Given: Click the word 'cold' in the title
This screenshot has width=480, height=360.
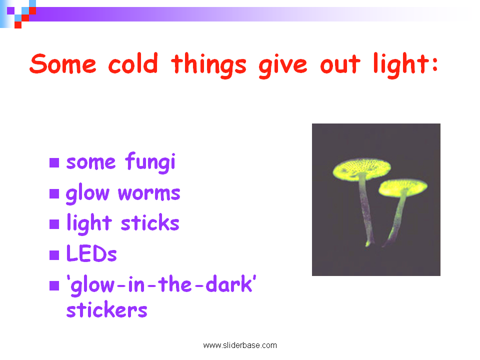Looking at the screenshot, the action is (133, 63).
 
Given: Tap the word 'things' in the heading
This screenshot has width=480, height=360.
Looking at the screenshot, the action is (209, 65).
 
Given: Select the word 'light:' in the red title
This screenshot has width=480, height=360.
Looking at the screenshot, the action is (406, 65).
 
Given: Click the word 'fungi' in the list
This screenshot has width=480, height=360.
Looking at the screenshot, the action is (150, 162).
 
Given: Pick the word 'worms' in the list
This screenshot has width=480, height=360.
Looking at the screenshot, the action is (149, 193).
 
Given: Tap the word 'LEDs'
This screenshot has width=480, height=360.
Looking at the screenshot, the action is (91, 253).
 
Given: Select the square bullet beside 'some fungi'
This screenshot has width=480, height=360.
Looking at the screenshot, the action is (54, 163).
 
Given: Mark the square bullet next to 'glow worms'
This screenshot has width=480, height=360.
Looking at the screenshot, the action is (54, 194).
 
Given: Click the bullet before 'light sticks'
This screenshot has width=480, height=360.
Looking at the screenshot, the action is (54, 224).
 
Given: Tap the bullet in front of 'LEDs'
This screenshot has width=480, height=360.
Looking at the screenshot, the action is (54, 255).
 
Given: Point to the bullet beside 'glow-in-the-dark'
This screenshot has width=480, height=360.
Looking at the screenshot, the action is (54, 285).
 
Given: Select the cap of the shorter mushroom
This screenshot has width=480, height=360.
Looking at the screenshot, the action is (403, 187).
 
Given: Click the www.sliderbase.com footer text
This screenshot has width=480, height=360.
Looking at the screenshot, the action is (240, 345).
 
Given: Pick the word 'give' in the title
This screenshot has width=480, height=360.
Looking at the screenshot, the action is (282, 65).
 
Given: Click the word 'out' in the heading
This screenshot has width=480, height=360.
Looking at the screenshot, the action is (340, 64).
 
